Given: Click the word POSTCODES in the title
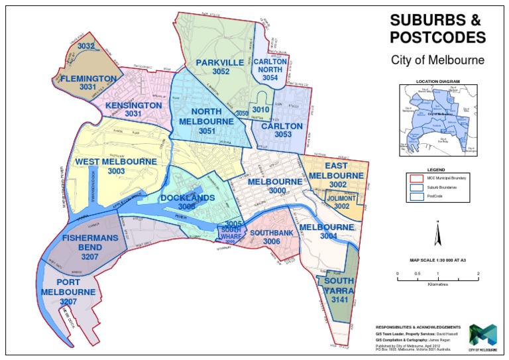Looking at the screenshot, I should click(437, 36).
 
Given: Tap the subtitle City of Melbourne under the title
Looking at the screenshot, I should click(437, 60).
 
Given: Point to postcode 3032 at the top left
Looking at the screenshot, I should click(86, 46).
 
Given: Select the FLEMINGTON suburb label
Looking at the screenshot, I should click(88, 78).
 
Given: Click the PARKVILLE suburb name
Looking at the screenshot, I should click(221, 62).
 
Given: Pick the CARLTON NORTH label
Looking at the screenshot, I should click(269, 65).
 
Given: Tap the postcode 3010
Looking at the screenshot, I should click(260, 109).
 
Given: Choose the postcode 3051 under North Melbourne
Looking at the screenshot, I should click(208, 131).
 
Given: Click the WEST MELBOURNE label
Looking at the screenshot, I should click(116, 161).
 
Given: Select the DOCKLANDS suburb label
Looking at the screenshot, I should click(188, 198).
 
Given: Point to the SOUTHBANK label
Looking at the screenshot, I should click(271, 233).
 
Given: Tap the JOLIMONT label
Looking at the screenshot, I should click(342, 198).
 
